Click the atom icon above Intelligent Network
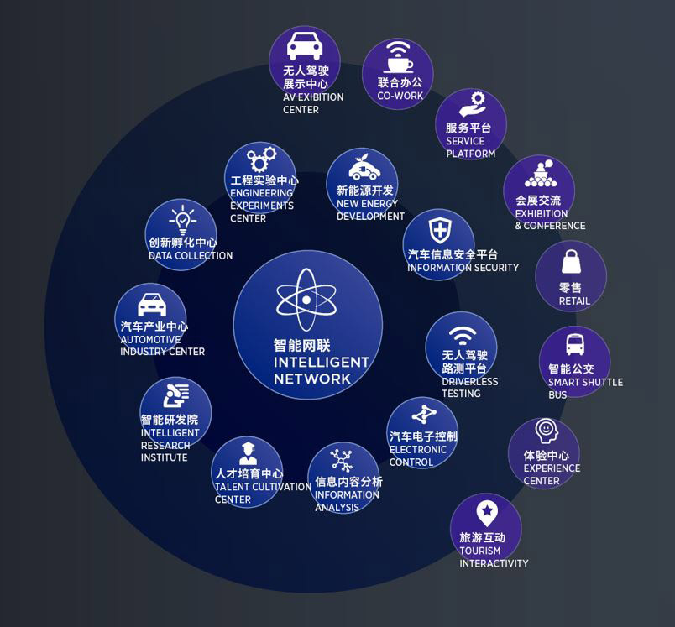pos(306,300)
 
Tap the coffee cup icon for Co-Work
pos(398,57)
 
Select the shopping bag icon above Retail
pos(571,261)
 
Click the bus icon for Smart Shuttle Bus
pos(575,345)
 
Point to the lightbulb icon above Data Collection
pos(182,219)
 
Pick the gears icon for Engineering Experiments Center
pos(261,159)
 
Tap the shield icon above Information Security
pos(441,230)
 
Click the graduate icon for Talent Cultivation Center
pos(248,453)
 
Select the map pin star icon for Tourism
pos(487,513)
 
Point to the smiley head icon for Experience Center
pos(547,431)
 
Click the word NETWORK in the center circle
pos(312,379)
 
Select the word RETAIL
pos(574,301)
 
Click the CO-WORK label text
pos(400,96)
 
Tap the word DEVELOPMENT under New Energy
pos(370,216)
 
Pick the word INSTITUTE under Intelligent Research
pos(164,457)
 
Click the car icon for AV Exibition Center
pos(305,45)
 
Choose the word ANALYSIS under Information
pos(337,507)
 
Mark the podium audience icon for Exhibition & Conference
pos(542,174)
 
